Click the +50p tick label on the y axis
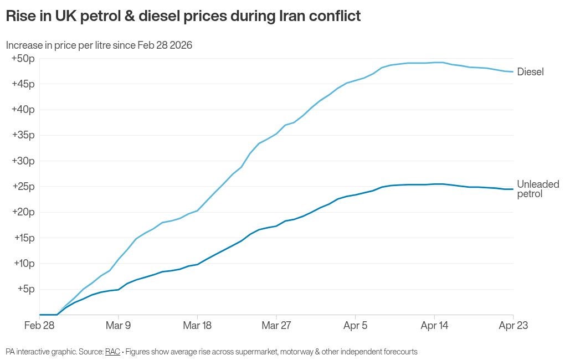[23, 58]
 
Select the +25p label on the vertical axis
[23, 187]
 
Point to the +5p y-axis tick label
[25, 289]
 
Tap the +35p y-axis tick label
[23, 135]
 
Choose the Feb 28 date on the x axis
[39, 326]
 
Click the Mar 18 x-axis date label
[197, 326]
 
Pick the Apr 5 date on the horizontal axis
[355, 326]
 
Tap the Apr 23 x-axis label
[513, 326]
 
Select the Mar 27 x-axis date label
[276, 326]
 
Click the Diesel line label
[530, 72]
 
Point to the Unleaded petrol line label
[537, 189]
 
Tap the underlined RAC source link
[112, 352]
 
